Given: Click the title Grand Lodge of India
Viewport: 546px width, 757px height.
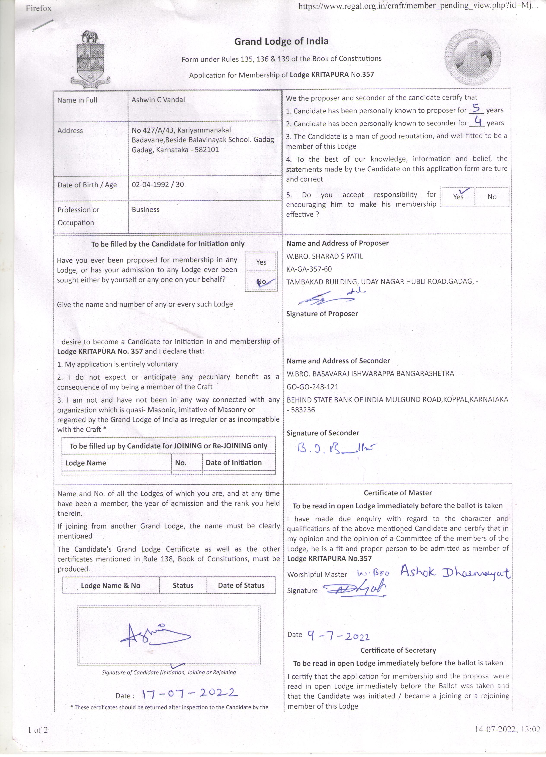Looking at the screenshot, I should coord(281,41).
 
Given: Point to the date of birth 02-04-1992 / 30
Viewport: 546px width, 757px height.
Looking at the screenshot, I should coord(158,185).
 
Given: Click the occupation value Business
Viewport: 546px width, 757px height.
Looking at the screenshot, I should coord(146,210).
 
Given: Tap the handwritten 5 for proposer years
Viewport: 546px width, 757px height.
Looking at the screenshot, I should coord(476,108).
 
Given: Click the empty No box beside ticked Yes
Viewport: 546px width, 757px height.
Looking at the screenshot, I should coord(492,197).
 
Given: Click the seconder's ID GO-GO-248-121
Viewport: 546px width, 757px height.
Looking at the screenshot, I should coord(312,387).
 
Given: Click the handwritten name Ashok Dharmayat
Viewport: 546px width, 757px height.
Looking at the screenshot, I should coord(455,572).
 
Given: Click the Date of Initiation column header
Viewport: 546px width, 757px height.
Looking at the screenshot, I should coord(233,463).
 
